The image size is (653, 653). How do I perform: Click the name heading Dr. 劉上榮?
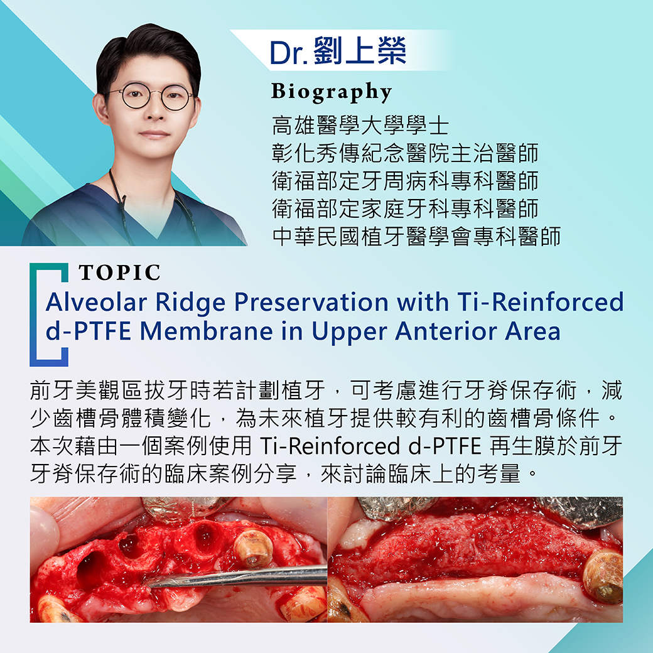[338, 51]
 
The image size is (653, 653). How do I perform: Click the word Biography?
[332, 92]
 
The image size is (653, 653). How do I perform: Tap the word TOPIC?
[119, 273]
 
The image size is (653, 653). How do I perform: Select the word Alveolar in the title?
[96, 302]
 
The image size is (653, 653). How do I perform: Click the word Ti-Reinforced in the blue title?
[540, 302]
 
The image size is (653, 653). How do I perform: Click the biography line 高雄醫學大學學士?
[360, 126]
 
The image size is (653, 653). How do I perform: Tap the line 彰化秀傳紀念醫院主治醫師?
[405, 153]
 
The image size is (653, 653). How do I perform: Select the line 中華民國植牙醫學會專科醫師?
[416, 236]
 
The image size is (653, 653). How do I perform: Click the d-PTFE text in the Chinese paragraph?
[445, 446]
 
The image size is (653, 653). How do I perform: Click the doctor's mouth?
[154, 134]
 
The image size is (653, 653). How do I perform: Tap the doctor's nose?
[155, 112]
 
